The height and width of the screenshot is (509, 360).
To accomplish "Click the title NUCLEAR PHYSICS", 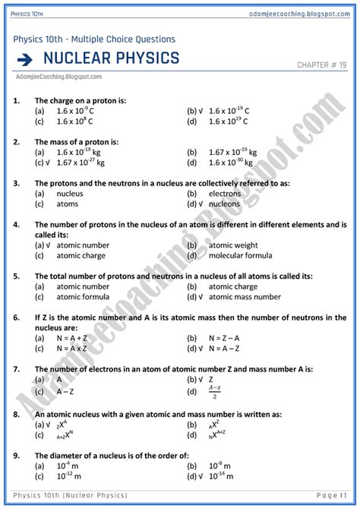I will pos(112,58).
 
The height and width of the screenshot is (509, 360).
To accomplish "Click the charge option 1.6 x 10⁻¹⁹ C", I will pos(229,111).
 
